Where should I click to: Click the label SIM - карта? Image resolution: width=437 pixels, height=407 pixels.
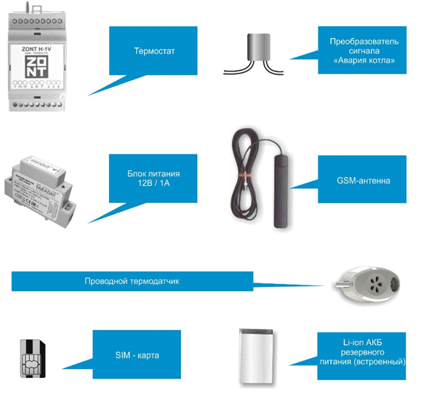pos(137,355)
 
